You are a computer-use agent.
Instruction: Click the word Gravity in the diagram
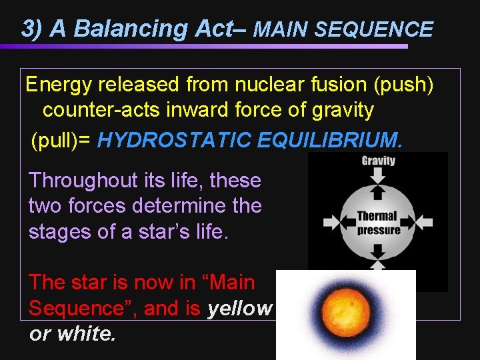378,160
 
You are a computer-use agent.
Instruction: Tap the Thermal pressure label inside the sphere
378,223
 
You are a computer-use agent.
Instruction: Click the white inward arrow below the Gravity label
378,175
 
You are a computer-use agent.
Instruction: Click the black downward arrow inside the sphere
378,251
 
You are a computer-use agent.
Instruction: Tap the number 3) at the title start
33,29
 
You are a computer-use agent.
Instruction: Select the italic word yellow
240,308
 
